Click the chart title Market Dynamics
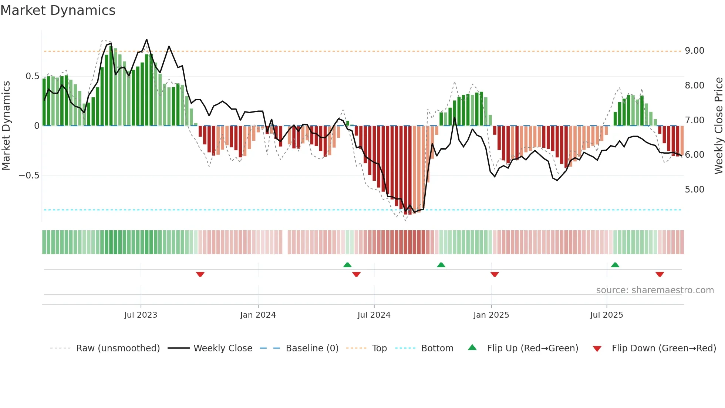tap(58, 10)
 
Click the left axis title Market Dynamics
tap(6, 126)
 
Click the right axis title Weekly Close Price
tap(718, 126)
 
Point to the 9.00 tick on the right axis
tap(694, 51)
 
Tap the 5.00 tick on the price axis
tap(694, 190)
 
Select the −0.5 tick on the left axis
tap(29, 175)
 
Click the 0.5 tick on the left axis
tap(32, 76)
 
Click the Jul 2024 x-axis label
tap(374, 315)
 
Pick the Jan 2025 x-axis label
tap(491, 315)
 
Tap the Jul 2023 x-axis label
tap(141, 315)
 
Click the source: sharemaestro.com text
tap(655, 290)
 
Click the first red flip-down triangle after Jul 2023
tap(200, 274)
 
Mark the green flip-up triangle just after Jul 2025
tap(615, 265)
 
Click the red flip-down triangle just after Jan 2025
tap(495, 274)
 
